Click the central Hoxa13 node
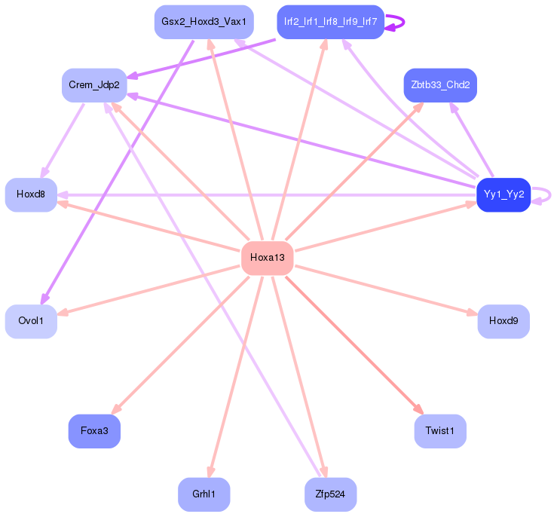click(x=268, y=258)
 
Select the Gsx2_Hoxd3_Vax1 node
click(x=204, y=22)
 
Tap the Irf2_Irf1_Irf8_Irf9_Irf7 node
click(x=330, y=22)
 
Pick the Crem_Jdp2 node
click(x=94, y=85)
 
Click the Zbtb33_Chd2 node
click(x=440, y=85)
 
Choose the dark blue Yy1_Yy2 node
click(x=503, y=194)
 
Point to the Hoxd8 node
click(x=31, y=194)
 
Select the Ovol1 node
click(x=31, y=321)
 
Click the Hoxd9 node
click(x=503, y=321)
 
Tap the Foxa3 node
click(x=94, y=431)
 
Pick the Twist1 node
click(x=440, y=431)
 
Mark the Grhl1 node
click(x=204, y=494)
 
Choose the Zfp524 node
click(x=330, y=494)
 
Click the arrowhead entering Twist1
click(x=418, y=409)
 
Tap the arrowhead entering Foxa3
click(x=116, y=409)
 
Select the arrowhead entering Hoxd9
click(x=473, y=313)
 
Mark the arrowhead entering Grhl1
click(x=211, y=472)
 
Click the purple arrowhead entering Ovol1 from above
click(x=44, y=298)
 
